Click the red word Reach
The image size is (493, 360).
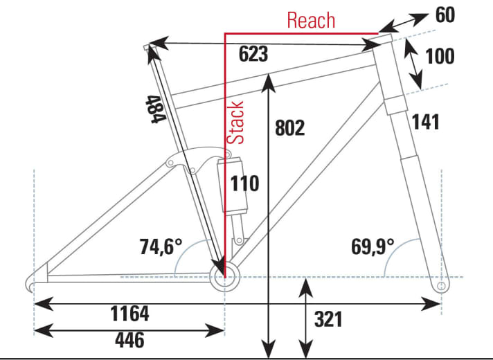[311, 20]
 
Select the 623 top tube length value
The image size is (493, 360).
[253, 54]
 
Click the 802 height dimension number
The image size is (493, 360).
[289, 128]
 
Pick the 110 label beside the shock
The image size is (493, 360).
[244, 183]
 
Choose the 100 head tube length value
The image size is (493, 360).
[440, 55]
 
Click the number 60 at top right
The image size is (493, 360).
[445, 14]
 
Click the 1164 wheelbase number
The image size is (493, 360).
[129, 314]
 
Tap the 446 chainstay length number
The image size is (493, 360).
[129, 340]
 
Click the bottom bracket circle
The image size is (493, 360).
[226, 279]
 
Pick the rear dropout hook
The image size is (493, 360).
[32, 284]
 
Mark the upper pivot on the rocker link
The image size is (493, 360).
[170, 163]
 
